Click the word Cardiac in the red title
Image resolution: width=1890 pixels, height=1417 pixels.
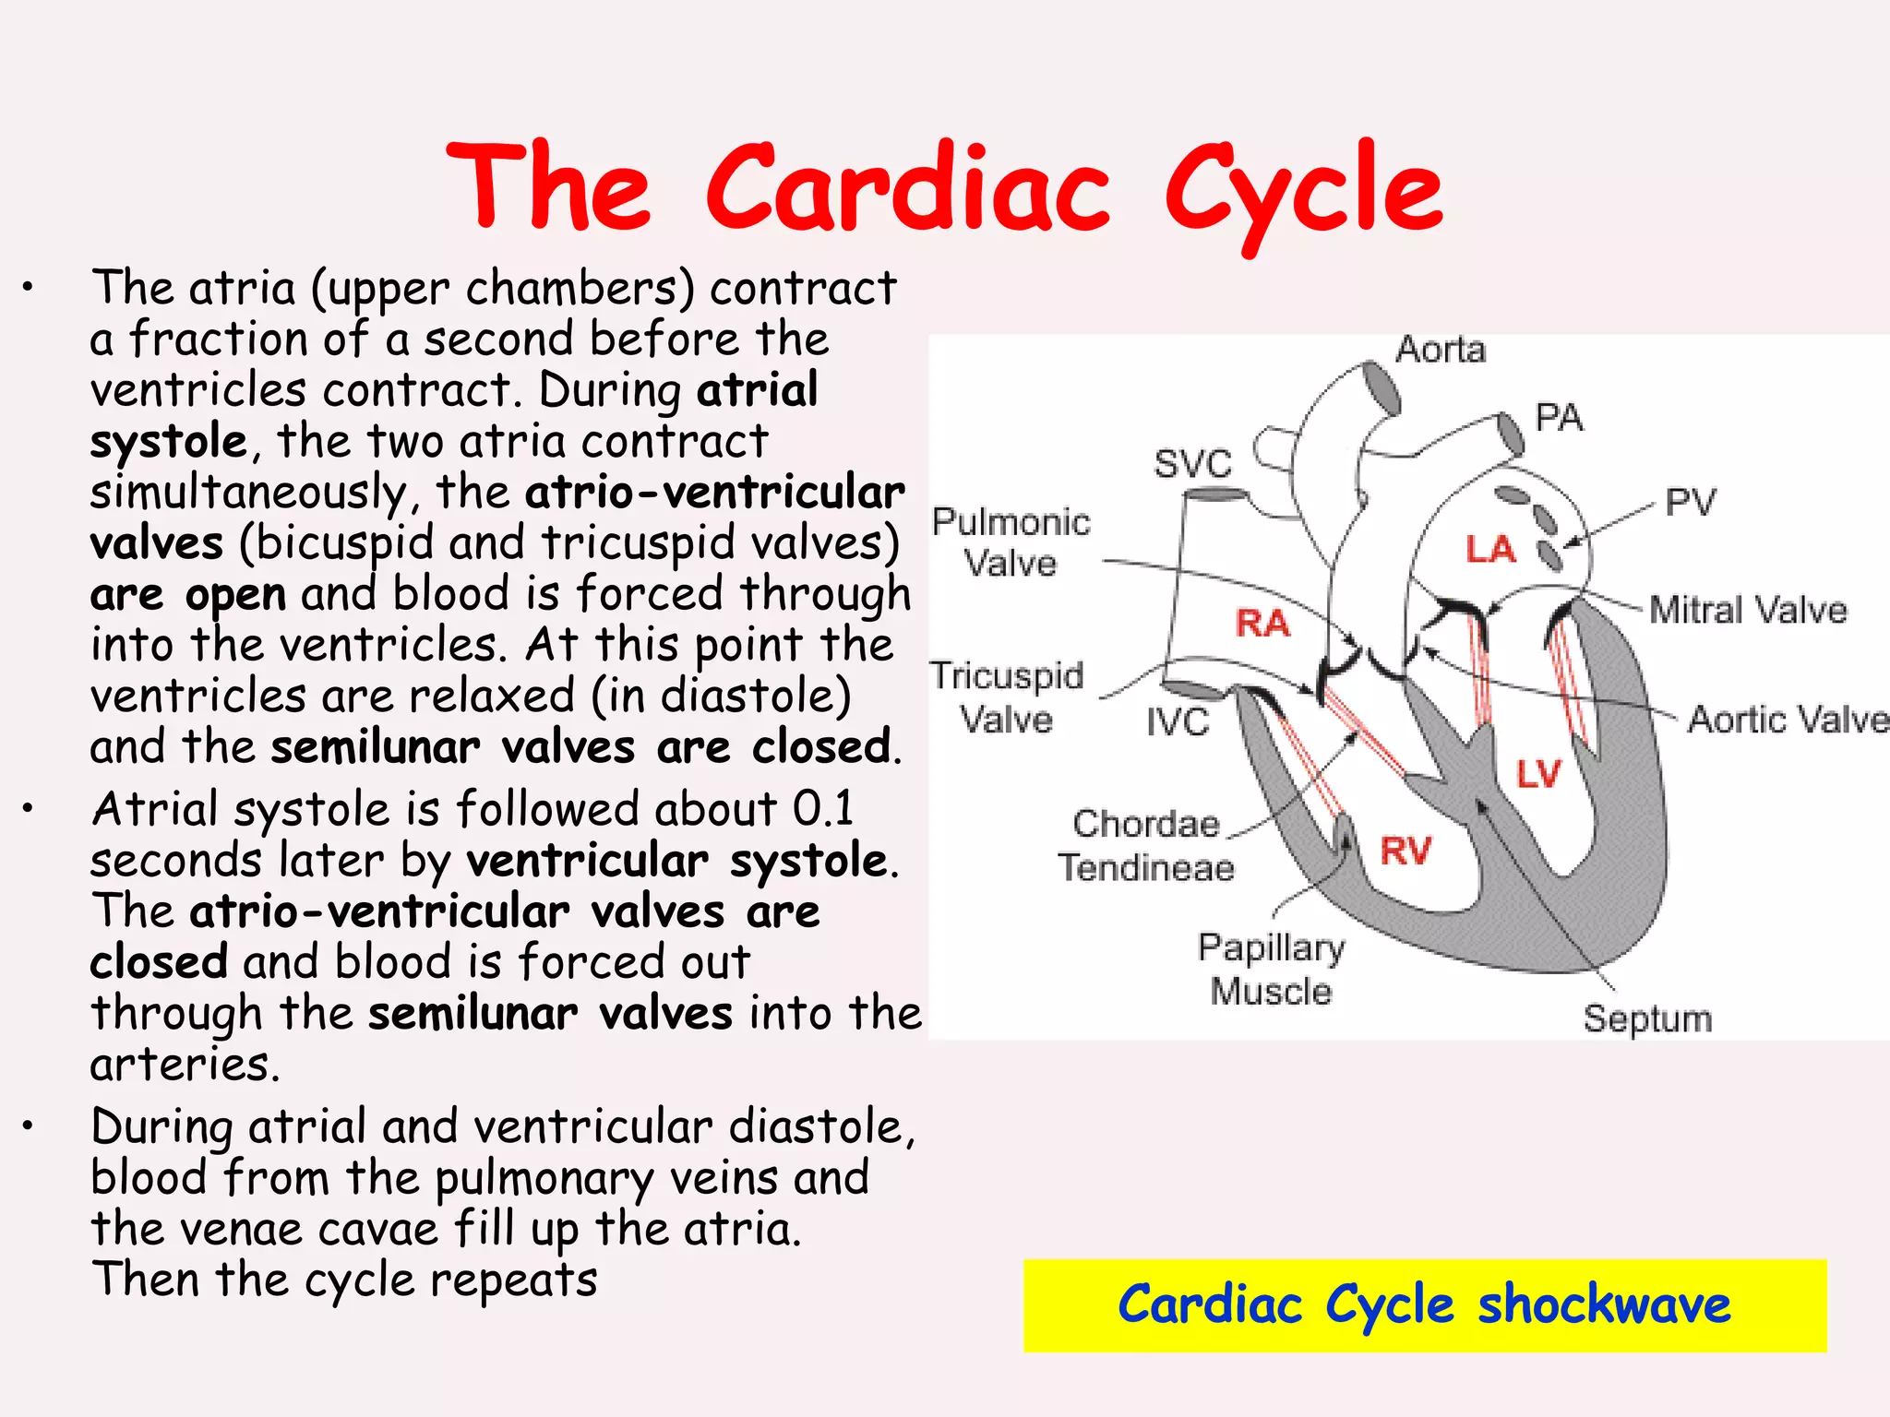coord(909,189)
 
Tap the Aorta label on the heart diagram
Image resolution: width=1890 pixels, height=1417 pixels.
coord(1441,350)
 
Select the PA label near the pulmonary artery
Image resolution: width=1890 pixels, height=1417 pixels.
coord(1559,418)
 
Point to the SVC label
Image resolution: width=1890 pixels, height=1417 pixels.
coord(1192,463)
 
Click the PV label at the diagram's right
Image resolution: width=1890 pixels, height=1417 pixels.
coord(1690,503)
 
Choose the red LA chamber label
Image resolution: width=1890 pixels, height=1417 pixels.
coord(1490,549)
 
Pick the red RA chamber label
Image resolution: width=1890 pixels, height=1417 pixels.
coord(1262,624)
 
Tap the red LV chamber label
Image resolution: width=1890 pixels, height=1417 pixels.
coord(1538,774)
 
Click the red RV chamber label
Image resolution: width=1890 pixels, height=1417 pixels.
coord(1406,851)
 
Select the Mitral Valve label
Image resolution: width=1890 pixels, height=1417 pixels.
coord(1748,611)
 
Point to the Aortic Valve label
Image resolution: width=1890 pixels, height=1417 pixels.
coord(1788,720)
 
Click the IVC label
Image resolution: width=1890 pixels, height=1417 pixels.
coord(1178,721)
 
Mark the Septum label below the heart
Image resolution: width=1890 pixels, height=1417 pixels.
coord(1647,1018)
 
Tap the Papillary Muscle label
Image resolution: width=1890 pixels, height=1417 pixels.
coord(1272,970)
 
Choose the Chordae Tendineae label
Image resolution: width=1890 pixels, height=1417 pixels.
coord(1146,846)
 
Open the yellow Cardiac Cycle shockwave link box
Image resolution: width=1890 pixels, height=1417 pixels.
coord(1424,1304)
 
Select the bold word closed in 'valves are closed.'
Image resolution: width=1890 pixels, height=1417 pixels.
coord(821,747)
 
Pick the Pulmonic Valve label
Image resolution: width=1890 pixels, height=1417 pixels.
coord(1011,542)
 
